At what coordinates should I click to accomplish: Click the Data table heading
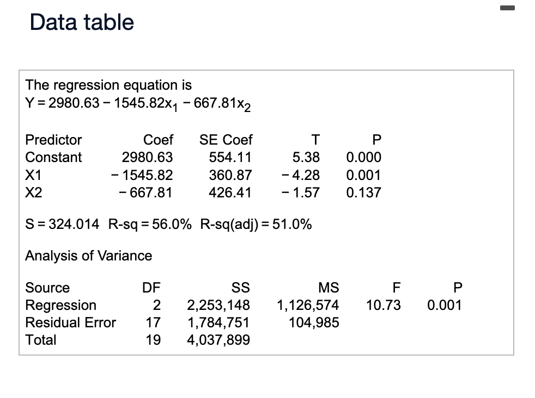coord(82,22)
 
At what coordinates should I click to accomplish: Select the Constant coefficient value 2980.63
coord(147,158)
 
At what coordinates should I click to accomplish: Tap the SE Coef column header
coord(226,140)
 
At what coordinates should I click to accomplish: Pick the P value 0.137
coord(363,192)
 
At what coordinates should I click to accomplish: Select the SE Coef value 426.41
coord(230,192)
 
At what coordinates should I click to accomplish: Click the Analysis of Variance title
coord(89,255)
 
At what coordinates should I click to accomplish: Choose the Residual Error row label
coord(71,322)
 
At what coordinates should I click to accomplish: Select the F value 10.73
coord(384,305)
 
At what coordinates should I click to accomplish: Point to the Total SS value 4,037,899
coord(218,340)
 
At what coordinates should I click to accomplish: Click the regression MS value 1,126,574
coord(308,305)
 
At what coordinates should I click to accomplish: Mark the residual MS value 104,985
coord(314,322)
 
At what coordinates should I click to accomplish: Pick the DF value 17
coord(153,322)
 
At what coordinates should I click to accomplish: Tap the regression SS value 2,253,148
coord(218,305)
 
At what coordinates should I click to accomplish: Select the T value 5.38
coord(306,158)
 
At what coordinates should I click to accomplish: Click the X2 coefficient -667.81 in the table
coord(145,192)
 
